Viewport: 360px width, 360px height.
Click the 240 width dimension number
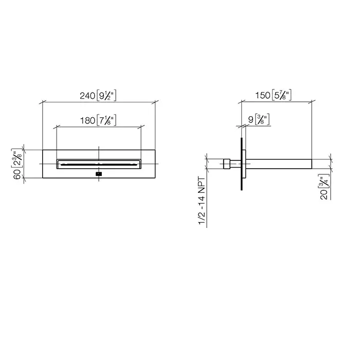(x=87, y=96)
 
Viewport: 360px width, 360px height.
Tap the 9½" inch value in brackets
(x=106, y=96)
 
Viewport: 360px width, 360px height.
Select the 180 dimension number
(x=87, y=120)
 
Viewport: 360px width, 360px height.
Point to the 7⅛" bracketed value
(x=106, y=120)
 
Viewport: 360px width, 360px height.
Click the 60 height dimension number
(x=17, y=176)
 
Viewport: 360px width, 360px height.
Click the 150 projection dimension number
(x=263, y=95)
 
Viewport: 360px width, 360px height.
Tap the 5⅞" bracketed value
(x=282, y=95)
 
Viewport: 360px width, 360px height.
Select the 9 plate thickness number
(x=251, y=120)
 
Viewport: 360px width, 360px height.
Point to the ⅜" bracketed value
(x=262, y=119)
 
